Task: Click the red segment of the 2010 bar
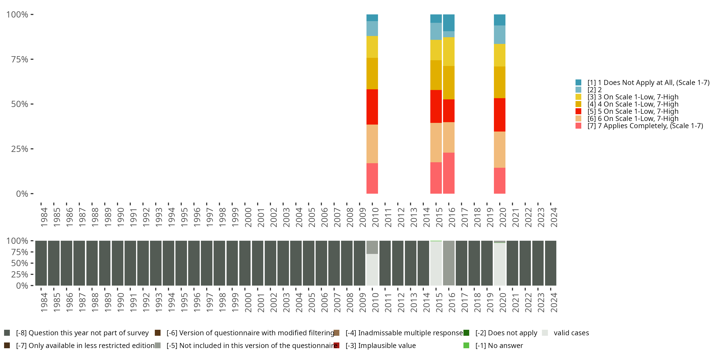[372, 107]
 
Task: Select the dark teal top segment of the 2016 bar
[449, 23]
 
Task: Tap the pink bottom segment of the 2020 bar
[499, 180]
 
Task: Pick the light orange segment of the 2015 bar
[436, 143]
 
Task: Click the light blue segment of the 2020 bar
[499, 35]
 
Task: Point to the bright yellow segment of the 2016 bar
[449, 52]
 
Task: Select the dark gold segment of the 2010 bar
[372, 73]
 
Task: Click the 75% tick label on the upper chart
[20, 60]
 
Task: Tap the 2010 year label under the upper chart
[375, 217]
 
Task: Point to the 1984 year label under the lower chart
[44, 302]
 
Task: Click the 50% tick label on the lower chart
[20, 263]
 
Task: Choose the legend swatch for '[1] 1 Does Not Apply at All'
[578, 83]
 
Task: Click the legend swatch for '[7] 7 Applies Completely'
[578, 126]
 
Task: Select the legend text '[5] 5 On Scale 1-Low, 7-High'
[633, 111]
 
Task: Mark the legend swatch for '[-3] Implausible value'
[336, 345]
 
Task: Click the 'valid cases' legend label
[571, 333]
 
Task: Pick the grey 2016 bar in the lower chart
[449, 263]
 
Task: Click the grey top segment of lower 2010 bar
[372, 247]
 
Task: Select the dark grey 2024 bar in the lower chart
[550, 263]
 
